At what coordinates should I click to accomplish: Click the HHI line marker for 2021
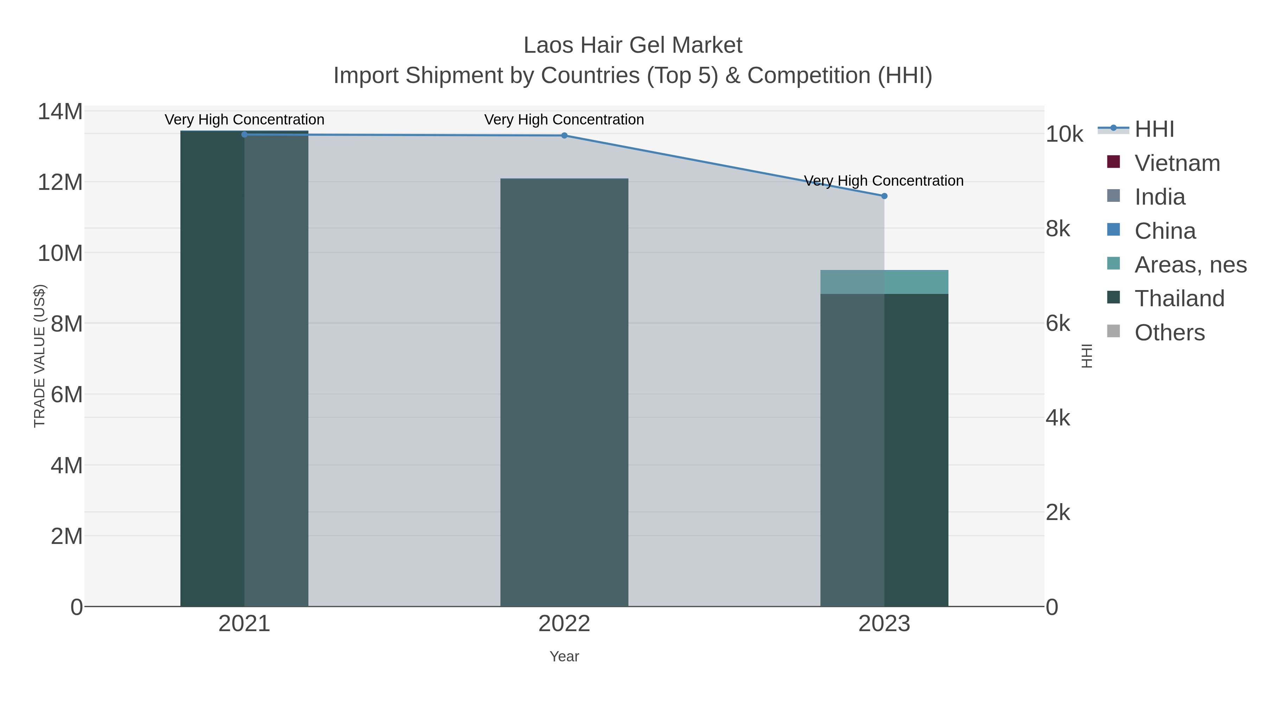tap(244, 134)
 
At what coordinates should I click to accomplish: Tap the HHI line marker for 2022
tap(564, 136)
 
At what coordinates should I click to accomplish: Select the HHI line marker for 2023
tap(884, 196)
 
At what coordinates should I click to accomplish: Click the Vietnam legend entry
tap(1177, 163)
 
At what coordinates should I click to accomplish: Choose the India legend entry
tap(1159, 197)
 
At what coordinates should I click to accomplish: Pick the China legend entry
tap(1165, 231)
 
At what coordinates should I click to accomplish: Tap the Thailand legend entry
tap(1179, 298)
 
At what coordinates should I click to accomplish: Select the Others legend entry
tap(1169, 333)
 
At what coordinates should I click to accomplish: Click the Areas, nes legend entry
tap(1190, 265)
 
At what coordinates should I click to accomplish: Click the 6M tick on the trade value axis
tap(66, 395)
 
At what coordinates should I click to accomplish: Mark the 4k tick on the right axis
tap(1057, 418)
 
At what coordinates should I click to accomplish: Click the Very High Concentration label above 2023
tap(884, 181)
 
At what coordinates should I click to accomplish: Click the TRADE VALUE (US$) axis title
tap(39, 356)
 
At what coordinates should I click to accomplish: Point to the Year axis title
tap(564, 656)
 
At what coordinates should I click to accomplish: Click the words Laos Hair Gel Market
tap(633, 45)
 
